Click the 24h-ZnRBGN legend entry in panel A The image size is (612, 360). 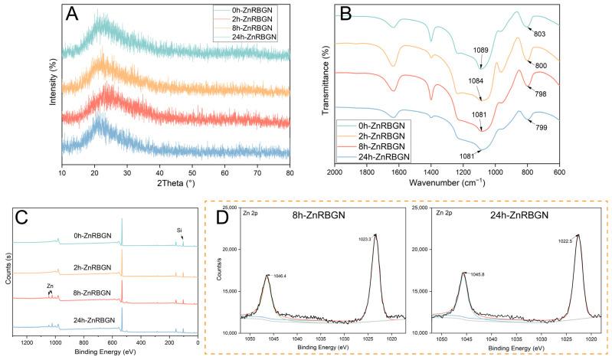coord(259,34)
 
